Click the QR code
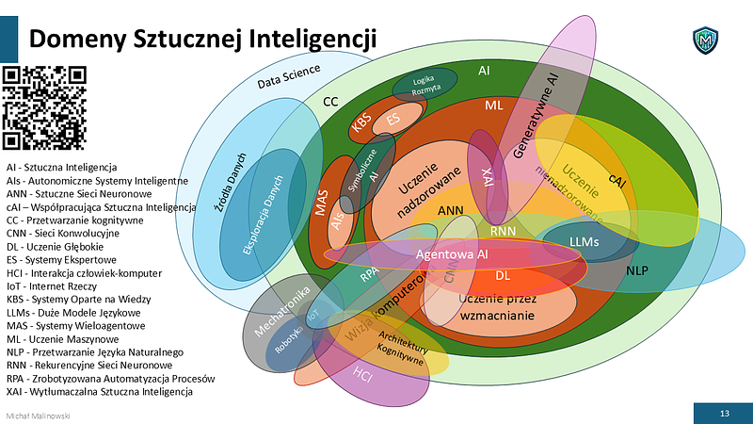click(x=46, y=107)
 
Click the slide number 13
click(x=724, y=414)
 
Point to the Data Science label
click(x=289, y=76)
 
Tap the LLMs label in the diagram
click(x=584, y=241)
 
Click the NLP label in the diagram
click(x=637, y=269)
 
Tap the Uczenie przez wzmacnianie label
click(x=498, y=306)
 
